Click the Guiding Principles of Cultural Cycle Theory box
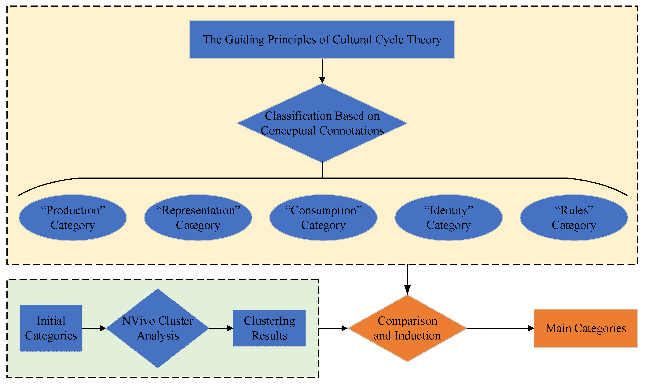[322, 39]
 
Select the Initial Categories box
[51, 328]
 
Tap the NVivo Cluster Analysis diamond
[158, 328]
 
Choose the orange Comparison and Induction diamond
[407, 328]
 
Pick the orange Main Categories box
[586, 328]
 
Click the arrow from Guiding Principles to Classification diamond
[322, 71]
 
